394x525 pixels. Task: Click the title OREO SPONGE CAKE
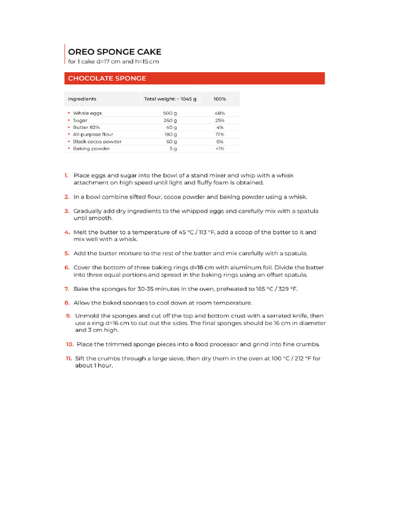(114, 52)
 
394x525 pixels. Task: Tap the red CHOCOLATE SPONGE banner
(194, 78)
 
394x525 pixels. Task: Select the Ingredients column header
(82, 99)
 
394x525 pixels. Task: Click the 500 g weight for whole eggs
(170, 113)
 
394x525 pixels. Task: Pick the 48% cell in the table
(220, 113)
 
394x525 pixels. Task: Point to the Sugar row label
(80, 120)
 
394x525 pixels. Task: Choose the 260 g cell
(170, 120)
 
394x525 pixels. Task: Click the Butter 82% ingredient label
(86, 127)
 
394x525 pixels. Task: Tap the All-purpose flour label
(93, 134)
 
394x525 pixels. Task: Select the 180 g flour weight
(170, 134)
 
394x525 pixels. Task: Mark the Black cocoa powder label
(97, 142)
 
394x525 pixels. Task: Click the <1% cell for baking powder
(220, 149)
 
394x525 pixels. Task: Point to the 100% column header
(220, 99)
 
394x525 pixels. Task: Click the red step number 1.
(66, 175)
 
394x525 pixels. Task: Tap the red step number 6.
(67, 268)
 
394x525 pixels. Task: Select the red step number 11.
(68, 358)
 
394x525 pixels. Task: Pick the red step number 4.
(67, 232)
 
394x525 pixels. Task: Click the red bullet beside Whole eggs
(68, 113)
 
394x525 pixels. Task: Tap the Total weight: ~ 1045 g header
(170, 99)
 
